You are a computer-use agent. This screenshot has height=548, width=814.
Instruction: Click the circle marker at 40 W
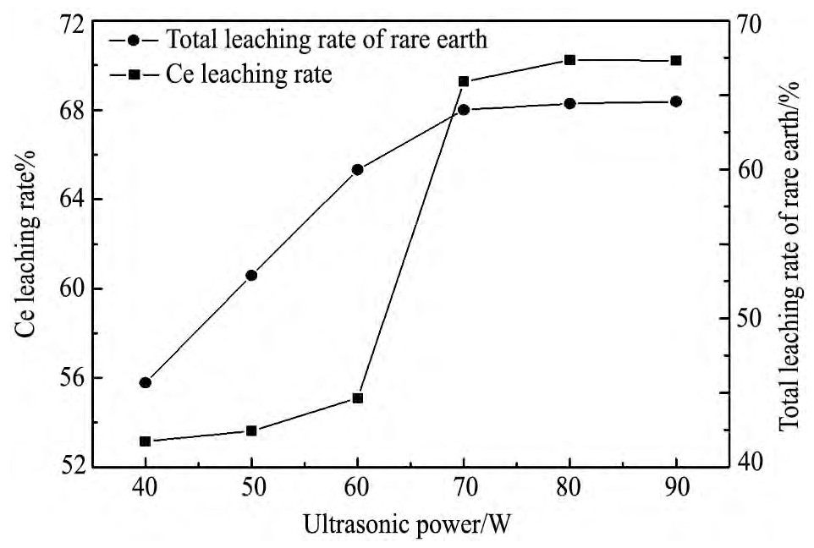(x=146, y=382)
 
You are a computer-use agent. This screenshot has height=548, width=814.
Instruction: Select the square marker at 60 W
(x=357, y=397)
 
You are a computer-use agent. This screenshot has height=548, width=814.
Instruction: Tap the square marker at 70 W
(x=464, y=82)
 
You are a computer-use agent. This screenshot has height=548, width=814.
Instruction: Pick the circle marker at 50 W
(x=251, y=275)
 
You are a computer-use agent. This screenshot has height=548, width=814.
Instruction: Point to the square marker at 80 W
(x=569, y=60)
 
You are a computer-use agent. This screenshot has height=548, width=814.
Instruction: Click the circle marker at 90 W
(x=675, y=101)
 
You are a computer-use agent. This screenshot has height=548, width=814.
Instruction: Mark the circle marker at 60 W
(x=357, y=169)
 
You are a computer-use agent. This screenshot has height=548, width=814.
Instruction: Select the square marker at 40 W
(x=146, y=441)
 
